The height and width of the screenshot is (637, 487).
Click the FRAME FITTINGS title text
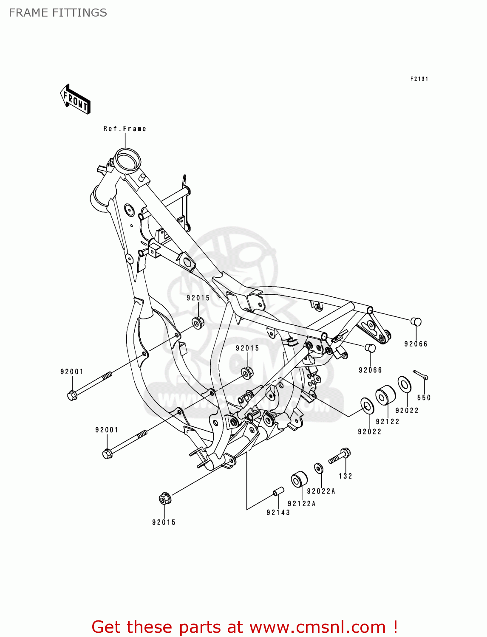(x=58, y=13)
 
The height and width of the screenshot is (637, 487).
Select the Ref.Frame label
(x=125, y=129)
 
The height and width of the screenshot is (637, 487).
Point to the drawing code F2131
(x=419, y=79)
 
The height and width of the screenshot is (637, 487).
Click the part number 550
(x=424, y=398)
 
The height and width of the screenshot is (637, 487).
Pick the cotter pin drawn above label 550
(x=420, y=374)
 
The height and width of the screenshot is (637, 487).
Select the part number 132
(x=345, y=476)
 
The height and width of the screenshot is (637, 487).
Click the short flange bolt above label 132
(x=340, y=457)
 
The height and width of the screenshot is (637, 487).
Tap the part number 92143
(x=278, y=513)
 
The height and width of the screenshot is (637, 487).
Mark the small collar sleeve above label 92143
(x=278, y=491)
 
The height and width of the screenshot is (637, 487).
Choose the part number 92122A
(x=302, y=504)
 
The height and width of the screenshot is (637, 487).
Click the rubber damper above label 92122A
(x=299, y=479)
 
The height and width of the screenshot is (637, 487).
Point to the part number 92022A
(x=321, y=491)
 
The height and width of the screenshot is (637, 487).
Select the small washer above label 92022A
(x=318, y=468)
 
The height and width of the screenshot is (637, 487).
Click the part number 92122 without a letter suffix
(x=388, y=422)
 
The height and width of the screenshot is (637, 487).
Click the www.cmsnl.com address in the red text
(x=317, y=627)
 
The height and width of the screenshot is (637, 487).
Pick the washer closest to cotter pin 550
(x=404, y=384)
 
